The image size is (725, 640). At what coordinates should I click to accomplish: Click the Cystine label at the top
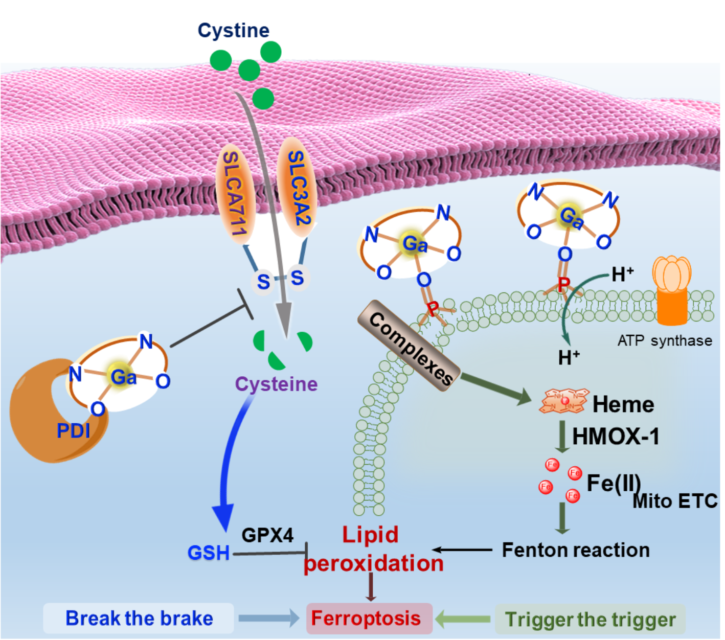pyautogui.click(x=233, y=31)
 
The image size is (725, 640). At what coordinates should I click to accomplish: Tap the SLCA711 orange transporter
pyautogui.click(x=234, y=193)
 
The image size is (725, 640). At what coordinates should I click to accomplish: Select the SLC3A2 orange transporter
pyautogui.click(x=297, y=187)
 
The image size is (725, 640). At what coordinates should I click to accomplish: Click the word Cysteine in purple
pyautogui.click(x=276, y=384)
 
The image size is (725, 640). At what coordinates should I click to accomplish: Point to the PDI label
pyautogui.click(x=73, y=430)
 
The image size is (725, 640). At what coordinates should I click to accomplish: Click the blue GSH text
pyautogui.click(x=209, y=553)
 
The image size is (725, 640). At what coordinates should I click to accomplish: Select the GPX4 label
pyautogui.click(x=267, y=535)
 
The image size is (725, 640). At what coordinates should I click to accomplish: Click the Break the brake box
pyautogui.click(x=139, y=619)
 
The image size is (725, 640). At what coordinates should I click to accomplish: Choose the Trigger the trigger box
pyautogui.click(x=590, y=620)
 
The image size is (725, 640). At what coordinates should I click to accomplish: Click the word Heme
pyautogui.click(x=623, y=405)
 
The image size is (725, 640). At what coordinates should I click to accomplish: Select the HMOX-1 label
pyautogui.click(x=616, y=437)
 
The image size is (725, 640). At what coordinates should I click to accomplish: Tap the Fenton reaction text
pyautogui.click(x=576, y=550)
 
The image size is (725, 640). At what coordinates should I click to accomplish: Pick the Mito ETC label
pyautogui.click(x=675, y=501)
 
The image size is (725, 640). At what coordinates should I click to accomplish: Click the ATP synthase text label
pyautogui.click(x=665, y=340)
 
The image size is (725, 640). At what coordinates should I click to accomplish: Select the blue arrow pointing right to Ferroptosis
pyautogui.click(x=269, y=618)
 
